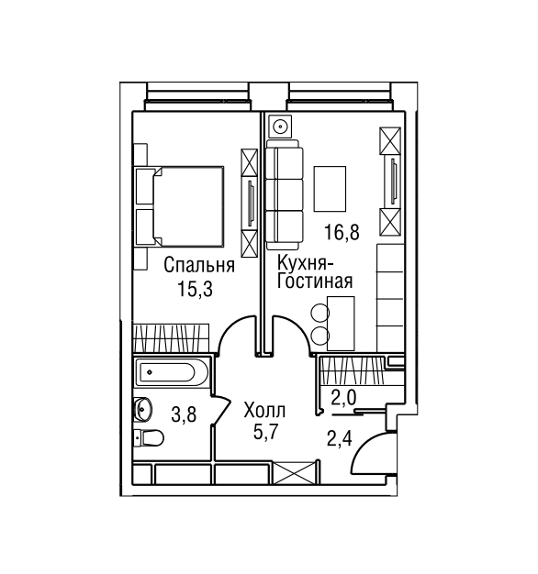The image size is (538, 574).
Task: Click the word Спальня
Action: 199,265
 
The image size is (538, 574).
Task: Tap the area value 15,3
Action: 195,289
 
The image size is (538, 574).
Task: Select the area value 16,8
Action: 342,232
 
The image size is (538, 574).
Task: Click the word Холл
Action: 265,411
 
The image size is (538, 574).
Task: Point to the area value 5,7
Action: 266,432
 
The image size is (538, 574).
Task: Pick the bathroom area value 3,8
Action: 184,415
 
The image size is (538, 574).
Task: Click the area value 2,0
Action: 343,398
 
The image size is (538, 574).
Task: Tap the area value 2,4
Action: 340,438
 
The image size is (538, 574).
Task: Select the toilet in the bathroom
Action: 149,438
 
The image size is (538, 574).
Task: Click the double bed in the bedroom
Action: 180,206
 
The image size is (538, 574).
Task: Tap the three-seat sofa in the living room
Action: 285,194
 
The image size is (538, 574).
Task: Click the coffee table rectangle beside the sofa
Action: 330,189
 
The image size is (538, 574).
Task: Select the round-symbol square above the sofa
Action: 280,127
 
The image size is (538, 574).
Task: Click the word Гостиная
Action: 314,281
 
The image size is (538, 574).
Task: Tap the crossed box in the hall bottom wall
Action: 295,473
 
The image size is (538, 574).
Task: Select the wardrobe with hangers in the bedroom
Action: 171,337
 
